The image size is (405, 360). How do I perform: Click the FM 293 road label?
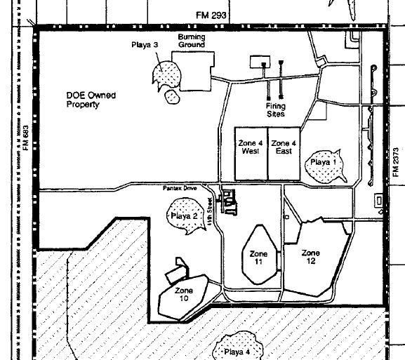pyautogui.click(x=211, y=15)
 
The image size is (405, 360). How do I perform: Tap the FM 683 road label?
pyautogui.click(x=26, y=138)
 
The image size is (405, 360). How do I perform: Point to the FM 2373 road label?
pyautogui.click(x=396, y=162)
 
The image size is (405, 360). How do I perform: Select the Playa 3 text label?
pyautogui.click(x=145, y=45)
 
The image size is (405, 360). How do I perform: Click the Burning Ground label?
pyautogui.click(x=192, y=41)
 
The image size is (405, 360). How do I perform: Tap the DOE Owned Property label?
pyautogui.click(x=91, y=100)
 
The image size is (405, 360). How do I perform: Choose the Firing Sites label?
pyautogui.click(x=276, y=110)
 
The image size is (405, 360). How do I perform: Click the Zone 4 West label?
pyautogui.click(x=251, y=147)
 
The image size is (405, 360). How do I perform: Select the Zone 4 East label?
pyautogui.click(x=284, y=147)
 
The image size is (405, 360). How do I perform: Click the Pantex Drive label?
pyautogui.click(x=180, y=188)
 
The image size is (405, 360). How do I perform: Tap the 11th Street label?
pyautogui.click(x=210, y=211)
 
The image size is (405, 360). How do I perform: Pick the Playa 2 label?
pyautogui.click(x=184, y=216)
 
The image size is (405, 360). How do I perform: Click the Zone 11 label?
pyautogui.click(x=258, y=258)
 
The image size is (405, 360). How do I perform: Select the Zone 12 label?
pyautogui.click(x=311, y=257)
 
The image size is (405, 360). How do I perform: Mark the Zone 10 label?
pyautogui.click(x=184, y=295)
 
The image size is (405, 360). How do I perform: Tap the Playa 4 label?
pyautogui.click(x=237, y=352)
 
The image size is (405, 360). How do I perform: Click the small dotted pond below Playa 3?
pyautogui.click(x=172, y=96)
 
